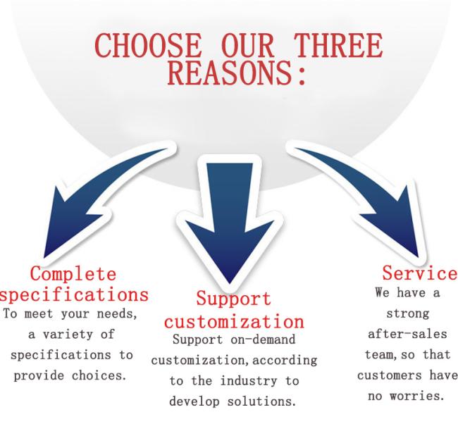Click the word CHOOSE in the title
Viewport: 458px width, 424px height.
(x=148, y=45)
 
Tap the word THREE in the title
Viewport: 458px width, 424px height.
(x=338, y=45)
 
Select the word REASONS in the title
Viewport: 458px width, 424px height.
(x=230, y=73)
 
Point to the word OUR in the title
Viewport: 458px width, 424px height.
(x=248, y=45)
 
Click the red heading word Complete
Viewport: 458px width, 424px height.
(x=73, y=274)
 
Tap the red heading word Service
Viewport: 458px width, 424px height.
(x=420, y=273)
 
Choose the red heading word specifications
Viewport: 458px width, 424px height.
(x=75, y=295)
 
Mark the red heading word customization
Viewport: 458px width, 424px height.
(x=234, y=321)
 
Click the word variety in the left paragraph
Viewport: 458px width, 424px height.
(x=69, y=335)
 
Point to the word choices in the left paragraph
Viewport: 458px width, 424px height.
(x=99, y=375)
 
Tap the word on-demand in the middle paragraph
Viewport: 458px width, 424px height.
(x=263, y=339)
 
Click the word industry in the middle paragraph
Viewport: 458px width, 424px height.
(x=249, y=381)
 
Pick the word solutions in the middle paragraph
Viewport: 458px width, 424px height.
(x=261, y=401)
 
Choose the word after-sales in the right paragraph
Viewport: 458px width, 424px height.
(x=407, y=335)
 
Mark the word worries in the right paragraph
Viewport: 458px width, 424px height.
(x=417, y=397)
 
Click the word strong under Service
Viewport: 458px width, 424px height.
(x=408, y=314)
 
